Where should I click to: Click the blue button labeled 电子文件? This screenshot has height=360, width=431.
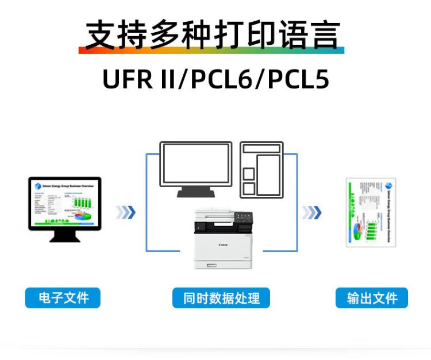point(63,298)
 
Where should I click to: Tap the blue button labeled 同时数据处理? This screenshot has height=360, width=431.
point(221,298)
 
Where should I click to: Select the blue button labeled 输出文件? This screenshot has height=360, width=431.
point(372,298)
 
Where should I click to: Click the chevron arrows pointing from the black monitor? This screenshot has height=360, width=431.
point(126,212)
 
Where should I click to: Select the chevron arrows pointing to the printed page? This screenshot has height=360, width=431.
point(312,212)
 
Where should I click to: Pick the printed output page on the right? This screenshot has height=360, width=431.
point(371,211)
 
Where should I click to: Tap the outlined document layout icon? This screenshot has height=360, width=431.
point(261,169)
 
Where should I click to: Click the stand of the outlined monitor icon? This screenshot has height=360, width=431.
point(195,192)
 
